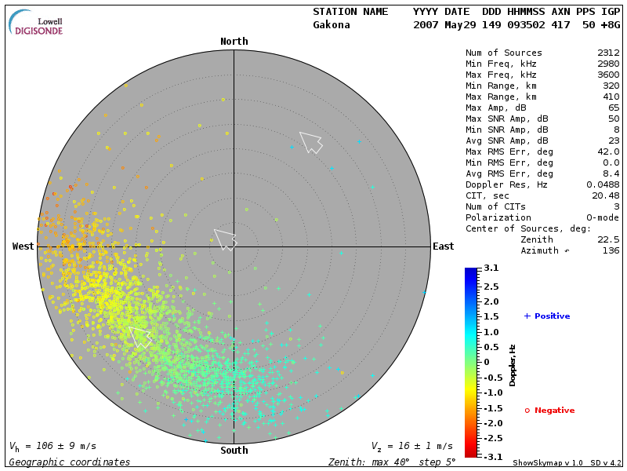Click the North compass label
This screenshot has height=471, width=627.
(234, 42)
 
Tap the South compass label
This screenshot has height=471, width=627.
(234, 451)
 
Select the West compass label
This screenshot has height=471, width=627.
(24, 246)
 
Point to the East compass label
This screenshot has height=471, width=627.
(444, 246)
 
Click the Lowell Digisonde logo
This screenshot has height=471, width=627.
(37, 24)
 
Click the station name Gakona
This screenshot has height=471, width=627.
(332, 25)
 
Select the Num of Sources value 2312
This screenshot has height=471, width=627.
(608, 53)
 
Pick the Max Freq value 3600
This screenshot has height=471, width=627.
(608, 75)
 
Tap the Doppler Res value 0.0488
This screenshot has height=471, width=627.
(603, 184)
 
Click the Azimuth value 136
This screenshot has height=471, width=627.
(611, 250)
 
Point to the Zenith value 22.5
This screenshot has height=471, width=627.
(608, 239)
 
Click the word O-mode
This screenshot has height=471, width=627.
(603, 217)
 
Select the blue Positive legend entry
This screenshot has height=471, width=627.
(547, 316)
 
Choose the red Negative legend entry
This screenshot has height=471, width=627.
(549, 411)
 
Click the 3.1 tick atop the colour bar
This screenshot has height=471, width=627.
(491, 268)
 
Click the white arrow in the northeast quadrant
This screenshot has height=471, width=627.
(310, 142)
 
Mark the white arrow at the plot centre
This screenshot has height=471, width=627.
(226, 239)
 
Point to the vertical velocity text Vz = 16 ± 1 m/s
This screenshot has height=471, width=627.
(411, 447)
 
